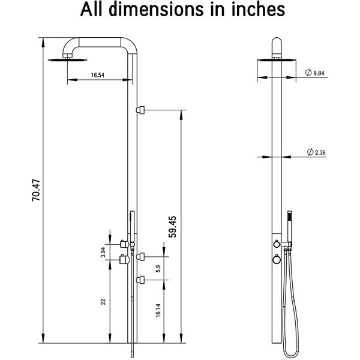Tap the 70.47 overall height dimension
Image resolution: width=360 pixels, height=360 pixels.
(36, 190)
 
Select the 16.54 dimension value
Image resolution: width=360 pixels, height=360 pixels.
(100, 76)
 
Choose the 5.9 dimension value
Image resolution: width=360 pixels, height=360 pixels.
(158, 269)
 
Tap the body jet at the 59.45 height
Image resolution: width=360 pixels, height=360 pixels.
(140, 110)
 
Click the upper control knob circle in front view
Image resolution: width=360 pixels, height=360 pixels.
(276, 245)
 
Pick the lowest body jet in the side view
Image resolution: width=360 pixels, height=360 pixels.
(140, 278)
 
